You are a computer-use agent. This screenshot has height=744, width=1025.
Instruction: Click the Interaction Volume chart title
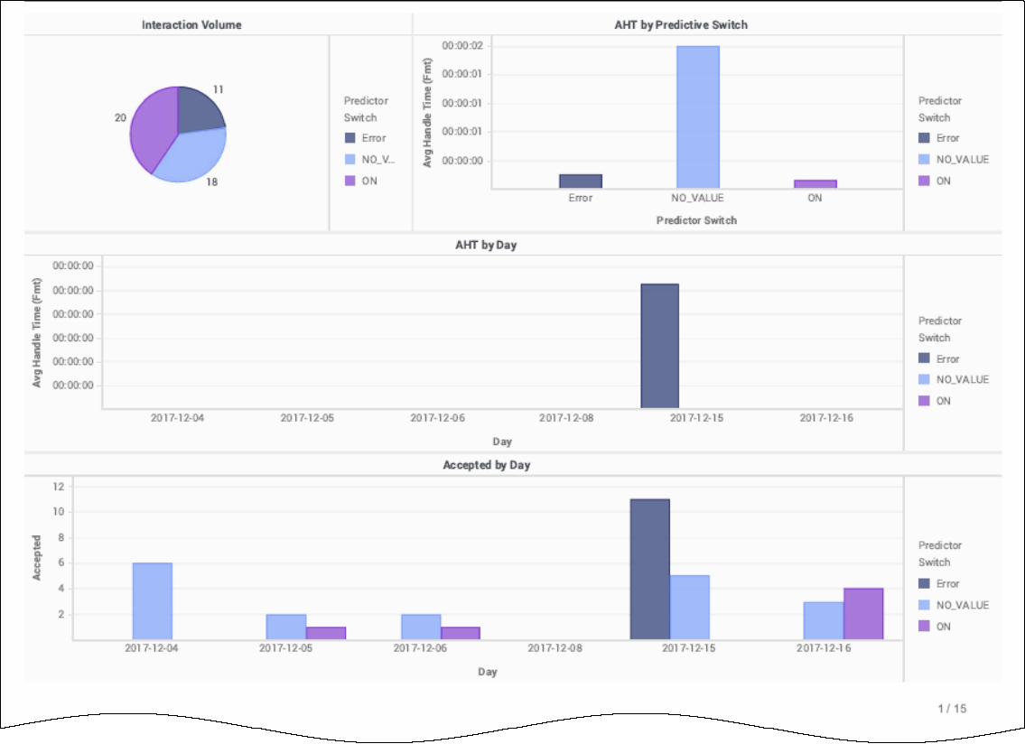191,24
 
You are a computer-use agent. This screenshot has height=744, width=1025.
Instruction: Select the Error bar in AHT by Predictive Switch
580,181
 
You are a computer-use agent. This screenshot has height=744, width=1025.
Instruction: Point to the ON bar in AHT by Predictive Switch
815,184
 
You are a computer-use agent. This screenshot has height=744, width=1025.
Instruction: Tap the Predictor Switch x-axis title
696,220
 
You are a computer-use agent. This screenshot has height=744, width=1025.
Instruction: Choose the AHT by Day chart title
486,245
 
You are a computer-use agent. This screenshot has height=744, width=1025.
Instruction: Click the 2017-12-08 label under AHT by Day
567,418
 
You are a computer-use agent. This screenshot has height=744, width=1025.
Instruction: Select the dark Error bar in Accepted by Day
649,569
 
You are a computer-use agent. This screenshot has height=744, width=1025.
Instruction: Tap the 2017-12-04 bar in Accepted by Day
152,601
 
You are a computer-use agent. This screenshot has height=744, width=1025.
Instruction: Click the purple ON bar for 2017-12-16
863,614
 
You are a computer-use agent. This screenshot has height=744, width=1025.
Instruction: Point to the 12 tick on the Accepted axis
59,486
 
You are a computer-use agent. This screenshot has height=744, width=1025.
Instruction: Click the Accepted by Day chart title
486,465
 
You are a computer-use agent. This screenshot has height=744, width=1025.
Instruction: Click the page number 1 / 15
952,708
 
